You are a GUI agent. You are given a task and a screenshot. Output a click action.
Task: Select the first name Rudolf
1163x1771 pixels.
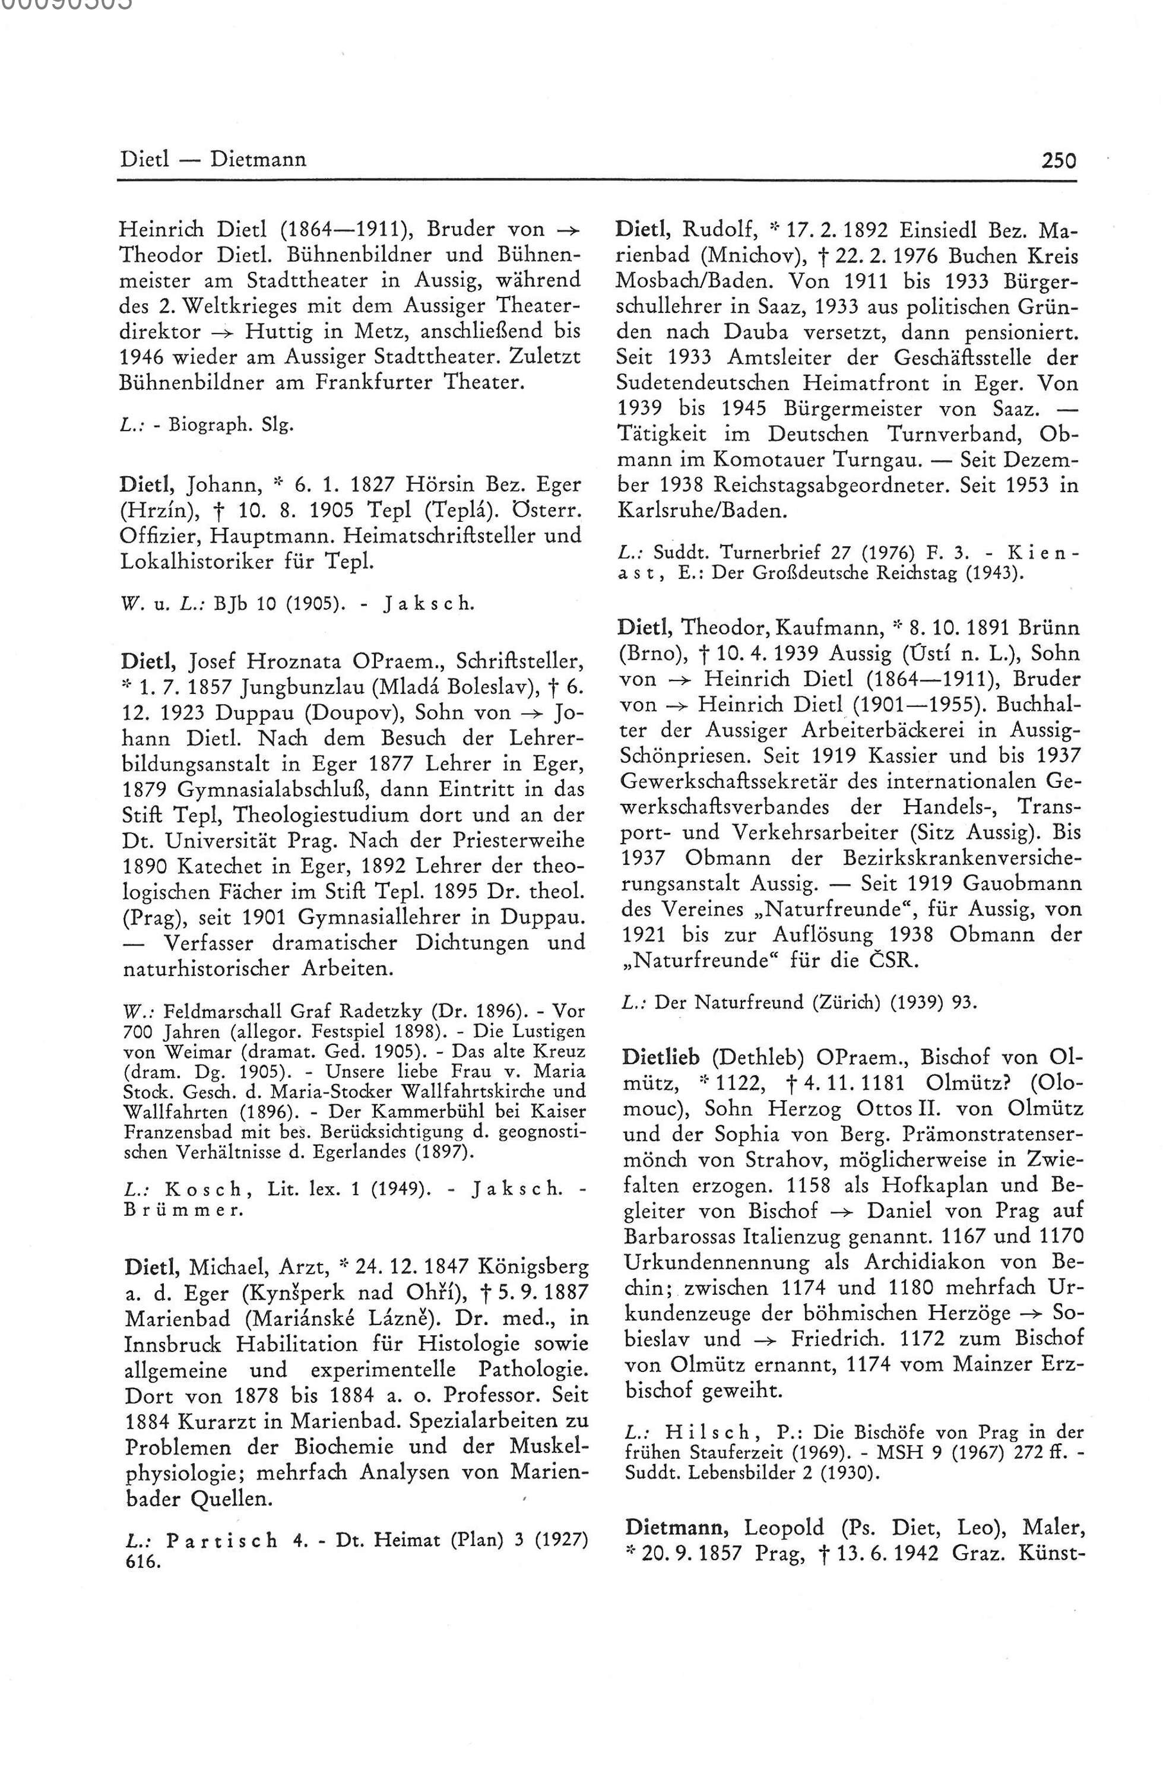pyautogui.click(x=717, y=230)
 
